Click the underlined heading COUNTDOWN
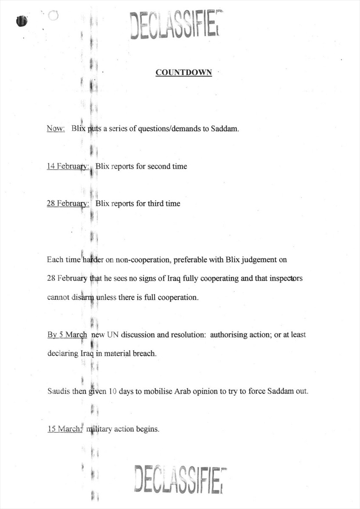(183, 73)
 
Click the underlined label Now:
(56, 129)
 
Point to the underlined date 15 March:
(64, 429)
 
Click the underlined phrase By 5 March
(67, 335)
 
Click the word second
(159, 166)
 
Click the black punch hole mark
(22, 20)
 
